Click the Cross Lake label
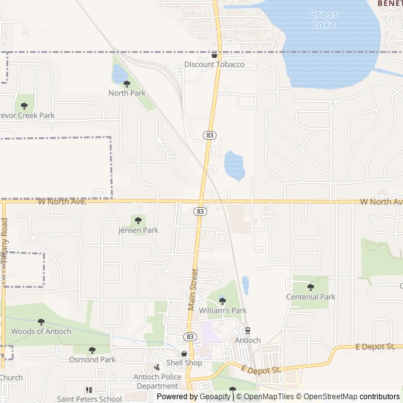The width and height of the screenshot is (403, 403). coord(324,20)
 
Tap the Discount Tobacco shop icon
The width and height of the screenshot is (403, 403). coord(214,55)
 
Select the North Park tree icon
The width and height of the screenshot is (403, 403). coord(127,84)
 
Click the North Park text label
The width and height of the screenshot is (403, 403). coord(127,93)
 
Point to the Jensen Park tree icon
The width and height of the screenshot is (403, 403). coord(138,220)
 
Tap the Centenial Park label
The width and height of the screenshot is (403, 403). coord(310,297)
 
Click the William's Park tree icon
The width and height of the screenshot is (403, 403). coord(222,301)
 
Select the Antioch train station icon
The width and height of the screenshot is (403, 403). coord(247,331)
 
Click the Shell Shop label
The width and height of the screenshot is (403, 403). coord(184,363)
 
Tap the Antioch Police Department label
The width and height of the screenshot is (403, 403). coord(157,382)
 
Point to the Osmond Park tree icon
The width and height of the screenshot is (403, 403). coord(92,350)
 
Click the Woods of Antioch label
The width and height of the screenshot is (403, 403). coord(41,331)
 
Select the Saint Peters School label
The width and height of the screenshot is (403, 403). coord(89,399)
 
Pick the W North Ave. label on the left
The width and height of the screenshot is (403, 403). coord(62,201)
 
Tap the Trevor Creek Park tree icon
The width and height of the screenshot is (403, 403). coord(25,106)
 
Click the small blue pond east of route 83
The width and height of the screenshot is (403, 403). coord(234,166)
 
